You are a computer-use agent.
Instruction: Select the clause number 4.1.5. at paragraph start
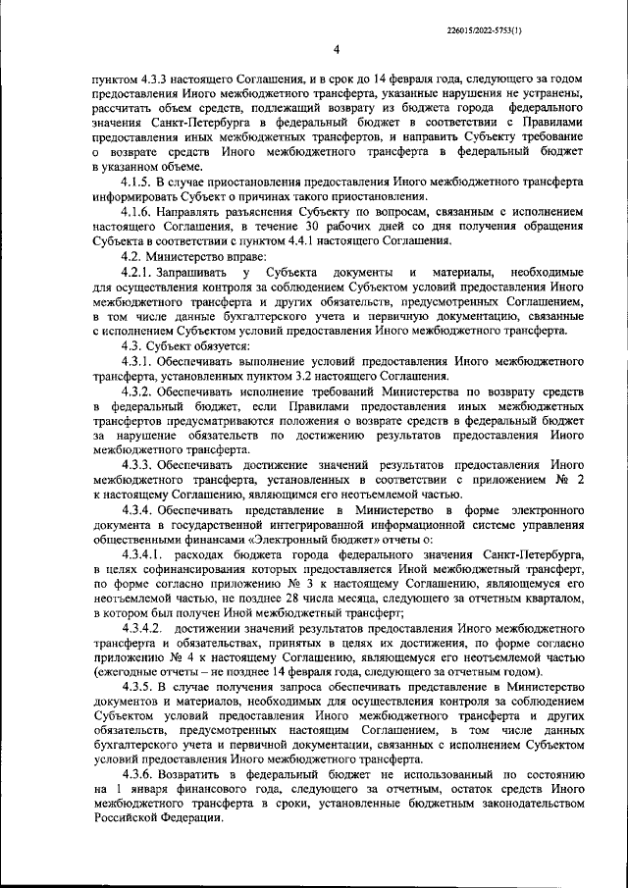pyautogui.click(x=137, y=183)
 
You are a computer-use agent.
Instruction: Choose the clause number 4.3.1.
pyautogui.click(x=137, y=362)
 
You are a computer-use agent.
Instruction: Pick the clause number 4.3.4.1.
pyautogui.click(x=142, y=553)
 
